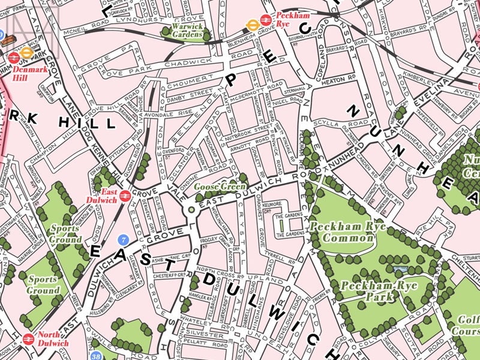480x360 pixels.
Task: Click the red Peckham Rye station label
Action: coord(292,18)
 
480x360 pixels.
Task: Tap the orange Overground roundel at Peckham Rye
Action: coord(253,25)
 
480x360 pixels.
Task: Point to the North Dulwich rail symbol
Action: coord(28,339)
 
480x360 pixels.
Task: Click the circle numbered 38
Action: coord(96,356)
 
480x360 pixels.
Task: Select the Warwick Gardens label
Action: coord(186,31)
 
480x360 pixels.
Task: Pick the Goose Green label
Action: coord(220,187)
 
